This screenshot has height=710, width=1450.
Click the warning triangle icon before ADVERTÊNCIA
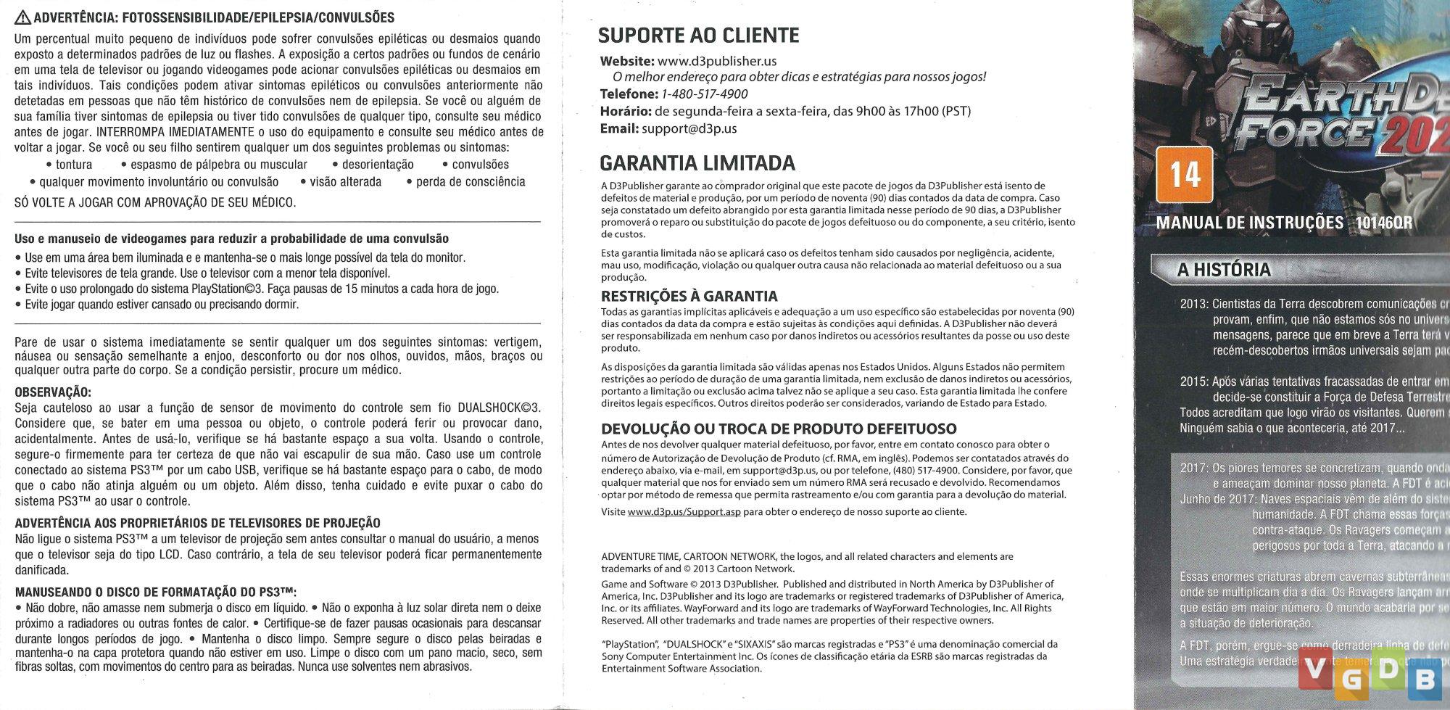pyautogui.click(x=22, y=18)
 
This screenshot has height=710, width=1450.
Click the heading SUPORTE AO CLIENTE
pyautogui.click(x=698, y=36)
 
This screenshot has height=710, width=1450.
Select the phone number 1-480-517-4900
pyautogui.click(x=704, y=94)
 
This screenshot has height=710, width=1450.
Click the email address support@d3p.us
pyautogui.click(x=689, y=128)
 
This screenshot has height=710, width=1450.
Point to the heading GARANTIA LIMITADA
pyautogui.click(x=697, y=163)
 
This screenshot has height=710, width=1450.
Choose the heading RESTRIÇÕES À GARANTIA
pyautogui.click(x=689, y=296)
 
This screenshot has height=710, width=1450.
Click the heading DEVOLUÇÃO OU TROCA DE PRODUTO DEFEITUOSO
pyautogui.click(x=779, y=429)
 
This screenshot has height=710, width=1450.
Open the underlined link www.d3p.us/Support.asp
pyautogui.click(x=684, y=512)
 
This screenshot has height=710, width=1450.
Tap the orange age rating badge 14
pyautogui.click(x=1184, y=175)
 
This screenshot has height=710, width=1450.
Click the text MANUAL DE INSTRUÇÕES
pyautogui.click(x=1249, y=223)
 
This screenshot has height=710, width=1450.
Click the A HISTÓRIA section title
pyautogui.click(x=1224, y=270)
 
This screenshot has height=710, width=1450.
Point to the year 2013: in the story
pyautogui.click(x=1194, y=304)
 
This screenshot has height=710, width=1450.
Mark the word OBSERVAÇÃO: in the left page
pyautogui.click(x=53, y=392)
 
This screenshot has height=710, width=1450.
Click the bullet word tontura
pyautogui.click(x=73, y=165)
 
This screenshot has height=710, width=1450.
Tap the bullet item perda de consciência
pyautogui.click(x=471, y=181)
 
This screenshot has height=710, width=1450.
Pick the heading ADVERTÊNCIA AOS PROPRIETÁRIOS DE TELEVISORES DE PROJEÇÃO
pyautogui.click(x=197, y=523)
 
